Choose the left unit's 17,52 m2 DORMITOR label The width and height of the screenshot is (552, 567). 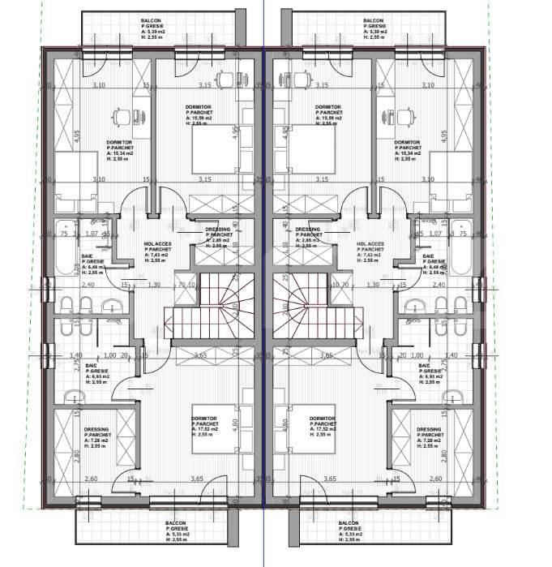coord(206,427)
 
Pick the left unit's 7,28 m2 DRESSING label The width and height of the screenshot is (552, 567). coord(96,437)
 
